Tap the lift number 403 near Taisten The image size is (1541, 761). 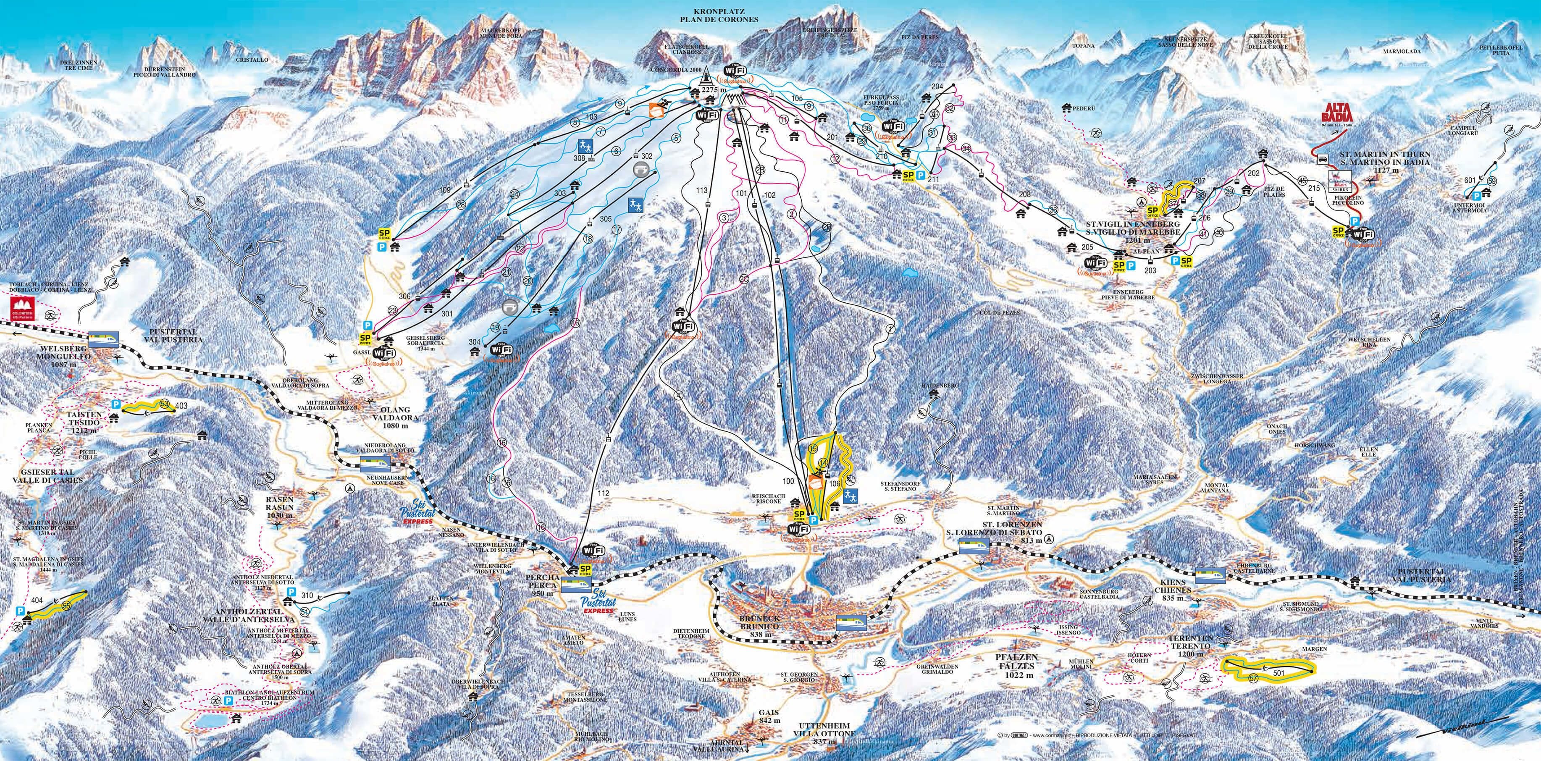pos(182,406)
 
